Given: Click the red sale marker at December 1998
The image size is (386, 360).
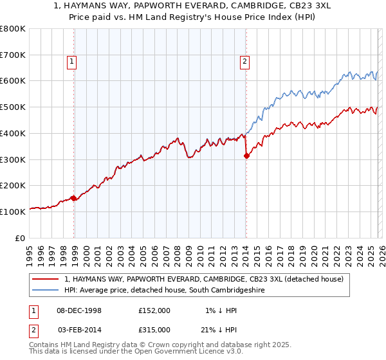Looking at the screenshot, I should pyautogui.click(x=73, y=198).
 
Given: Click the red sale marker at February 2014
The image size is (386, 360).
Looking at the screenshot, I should pyautogui.click(x=246, y=155).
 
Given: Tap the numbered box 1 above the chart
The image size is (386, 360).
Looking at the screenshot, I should pyautogui.click(x=71, y=62).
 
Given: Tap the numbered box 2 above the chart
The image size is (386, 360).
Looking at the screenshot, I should pyautogui.click(x=244, y=62).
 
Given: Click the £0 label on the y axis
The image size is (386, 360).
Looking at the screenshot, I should pyautogui.click(x=21, y=237).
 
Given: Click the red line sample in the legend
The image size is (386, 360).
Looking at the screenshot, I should pyautogui.click(x=46, y=279).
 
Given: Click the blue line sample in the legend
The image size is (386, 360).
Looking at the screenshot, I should pyautogui.click(x=46, y=291).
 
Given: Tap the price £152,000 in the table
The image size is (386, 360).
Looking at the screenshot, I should pyautogui.click(x=154, y=310).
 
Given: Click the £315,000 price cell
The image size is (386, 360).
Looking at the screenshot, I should pyautogui.click(x=154, y=329).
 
